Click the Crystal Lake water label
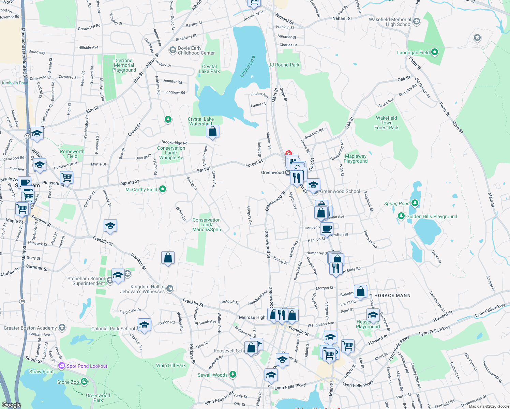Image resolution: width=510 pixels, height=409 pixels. coord(247,66)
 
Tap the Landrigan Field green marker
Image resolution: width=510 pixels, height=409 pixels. coord(434,52)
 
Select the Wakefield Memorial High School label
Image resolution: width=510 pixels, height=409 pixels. coord(390,22)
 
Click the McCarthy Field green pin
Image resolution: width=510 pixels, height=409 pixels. coord(163,189)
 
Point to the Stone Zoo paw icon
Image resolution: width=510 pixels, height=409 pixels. coord(84,382)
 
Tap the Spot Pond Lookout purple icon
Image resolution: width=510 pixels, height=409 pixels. coord(62,366)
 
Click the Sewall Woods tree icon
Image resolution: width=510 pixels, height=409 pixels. coord(233,375)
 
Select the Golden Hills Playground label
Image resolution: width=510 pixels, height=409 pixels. coord(432,216)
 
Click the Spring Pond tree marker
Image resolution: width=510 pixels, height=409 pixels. coord(415,203)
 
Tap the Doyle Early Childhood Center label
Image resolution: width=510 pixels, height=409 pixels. coord(196,50)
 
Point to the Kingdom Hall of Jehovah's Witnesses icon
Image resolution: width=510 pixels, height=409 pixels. coord(170,289)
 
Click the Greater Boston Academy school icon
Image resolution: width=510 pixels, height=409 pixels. coord(62,328)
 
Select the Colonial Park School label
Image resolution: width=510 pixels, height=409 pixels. coord(113,329)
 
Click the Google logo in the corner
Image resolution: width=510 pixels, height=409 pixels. coord(11,405)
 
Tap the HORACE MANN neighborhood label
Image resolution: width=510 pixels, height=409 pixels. coord(392,296)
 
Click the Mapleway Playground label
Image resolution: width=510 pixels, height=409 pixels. coord(356,158)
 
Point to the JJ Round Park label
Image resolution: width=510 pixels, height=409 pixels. coord(284,65)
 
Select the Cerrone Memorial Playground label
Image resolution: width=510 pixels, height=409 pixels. coord(124,65)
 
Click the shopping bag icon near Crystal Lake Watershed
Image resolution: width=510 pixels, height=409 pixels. coord(212,132)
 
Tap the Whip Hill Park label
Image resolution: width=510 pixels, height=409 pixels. coord(171,365)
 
